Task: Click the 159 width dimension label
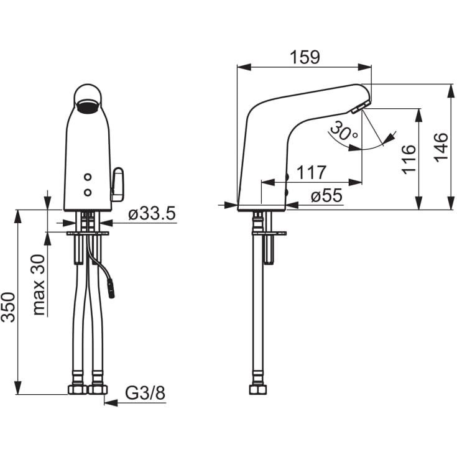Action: click(x=305, y=57)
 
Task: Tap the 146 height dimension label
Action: click(x=441, y=146)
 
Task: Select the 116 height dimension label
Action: click(x=409, y=159)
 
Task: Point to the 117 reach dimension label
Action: click(x=312, y=172)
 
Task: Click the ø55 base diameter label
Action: click(x=326, y=195)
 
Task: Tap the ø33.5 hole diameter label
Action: click(x=152, y=213)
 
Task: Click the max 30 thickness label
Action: click(x=39, y=285)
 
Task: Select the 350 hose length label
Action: click(x=8, y=307)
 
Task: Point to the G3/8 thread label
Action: click(x=145, y=393)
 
